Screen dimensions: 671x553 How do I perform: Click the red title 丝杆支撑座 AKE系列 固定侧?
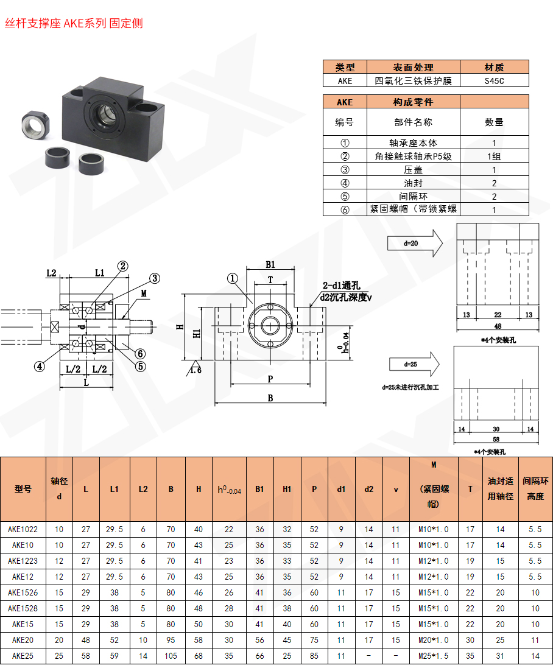pyautogui.click(x=74, y=24)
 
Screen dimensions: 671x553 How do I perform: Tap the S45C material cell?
pyautogui.click(x=494, y=80)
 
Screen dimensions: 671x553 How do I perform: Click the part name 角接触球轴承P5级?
pyautogui.click(x=412, y=156)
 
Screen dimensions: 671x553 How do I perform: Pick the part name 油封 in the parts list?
pyautogui.click(x=412, y=183)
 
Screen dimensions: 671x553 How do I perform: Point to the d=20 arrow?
pyautogui.click(x=414, y=243)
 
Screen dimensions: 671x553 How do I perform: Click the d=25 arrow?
pyautogui.click(x=414, y=364)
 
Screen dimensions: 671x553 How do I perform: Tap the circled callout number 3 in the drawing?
pyautogui.click(x=155, y=278)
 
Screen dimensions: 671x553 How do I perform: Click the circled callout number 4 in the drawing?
pyautogui.click(x=39, y=366)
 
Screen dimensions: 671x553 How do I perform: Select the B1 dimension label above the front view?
pyautogui.click(x=270, y=265)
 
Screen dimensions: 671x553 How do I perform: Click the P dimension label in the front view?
pyautogui.click(x=270, y=378)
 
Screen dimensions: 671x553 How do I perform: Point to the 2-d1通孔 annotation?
pyautogui.click(x=342, y=285)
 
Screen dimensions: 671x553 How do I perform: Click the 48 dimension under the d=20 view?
pyautogui.click(x=498, y=326)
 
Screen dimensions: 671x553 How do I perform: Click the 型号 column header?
pyautogui.click(x=23, y=489)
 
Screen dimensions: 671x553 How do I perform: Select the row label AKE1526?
pyautogui.click(x=23, y=592)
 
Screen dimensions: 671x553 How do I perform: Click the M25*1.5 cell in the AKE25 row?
pyautogui.click(x=433, y=656)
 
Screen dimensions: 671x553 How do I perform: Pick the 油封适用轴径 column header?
pyautogui.click(x=500, y=489)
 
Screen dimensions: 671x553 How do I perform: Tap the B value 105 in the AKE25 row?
pyautogui.click(x=171, y=656)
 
